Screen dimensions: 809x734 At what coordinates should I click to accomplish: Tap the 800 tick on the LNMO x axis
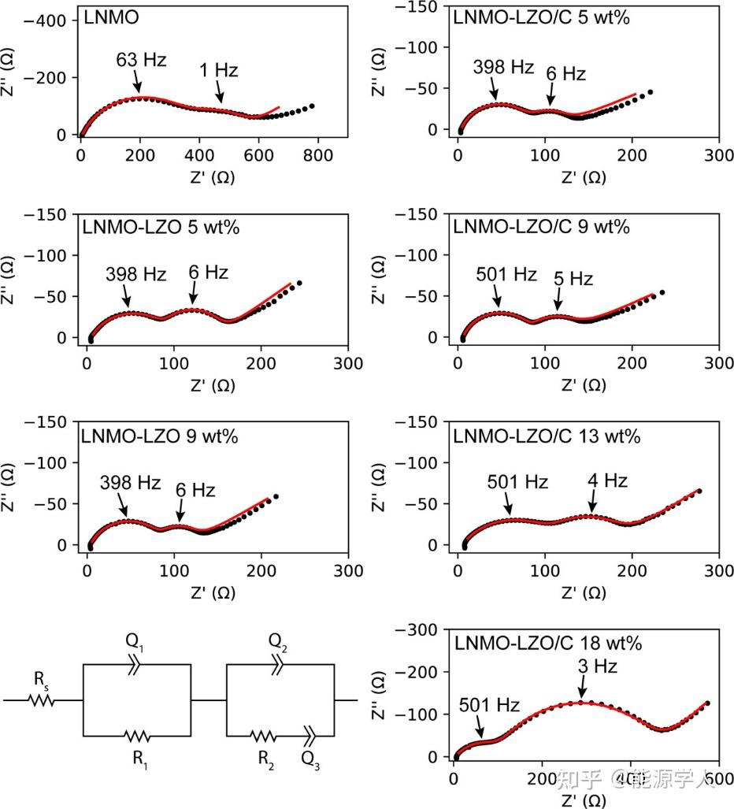point(318,155)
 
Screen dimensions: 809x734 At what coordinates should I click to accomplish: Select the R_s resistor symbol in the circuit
point(43,700)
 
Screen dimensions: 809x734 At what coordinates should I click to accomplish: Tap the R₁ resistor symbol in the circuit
point(137,737)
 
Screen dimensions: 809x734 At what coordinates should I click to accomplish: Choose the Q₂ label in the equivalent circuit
point(279,642)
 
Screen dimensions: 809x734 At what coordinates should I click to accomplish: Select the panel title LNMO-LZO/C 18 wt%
point(548,643)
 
